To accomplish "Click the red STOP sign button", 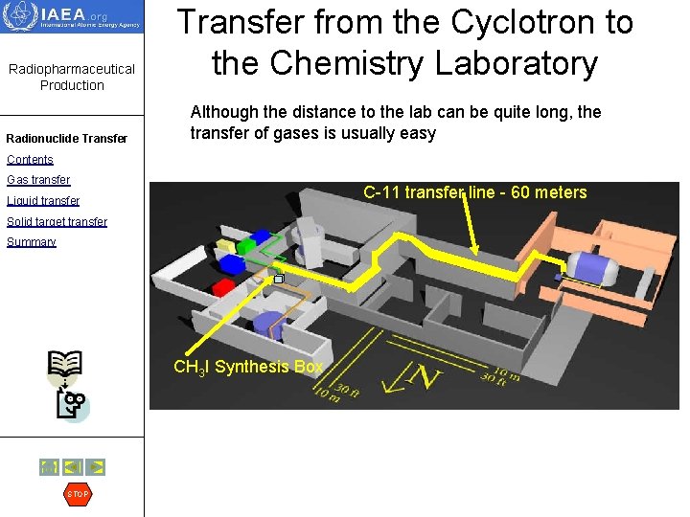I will coord(78,494).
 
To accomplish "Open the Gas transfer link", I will coord(38,180).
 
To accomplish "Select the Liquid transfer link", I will coord(43,201).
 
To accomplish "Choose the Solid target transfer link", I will coord(57,222).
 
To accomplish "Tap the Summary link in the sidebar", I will coord(32,242).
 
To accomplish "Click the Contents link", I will coord(30,160).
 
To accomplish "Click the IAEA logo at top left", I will coord(72,17).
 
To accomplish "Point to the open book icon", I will coord(65,364).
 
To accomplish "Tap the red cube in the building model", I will coord(223,286).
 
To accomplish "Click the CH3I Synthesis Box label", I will coord(247,367).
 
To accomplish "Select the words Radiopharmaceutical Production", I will coord(72,77).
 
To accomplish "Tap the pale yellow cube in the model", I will coord(227,245).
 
